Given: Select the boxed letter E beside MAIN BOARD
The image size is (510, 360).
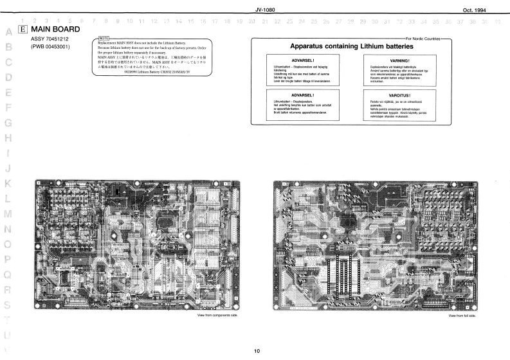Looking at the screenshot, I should [x=23, y=30].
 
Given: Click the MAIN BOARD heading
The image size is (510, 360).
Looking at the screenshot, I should [x=56, y=29].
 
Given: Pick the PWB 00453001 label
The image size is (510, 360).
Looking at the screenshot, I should [x=51, y=46].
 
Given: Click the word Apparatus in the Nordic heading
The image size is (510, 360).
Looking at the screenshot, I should [x=310, y=46].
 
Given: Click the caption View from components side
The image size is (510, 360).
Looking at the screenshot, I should [x=217, y=316].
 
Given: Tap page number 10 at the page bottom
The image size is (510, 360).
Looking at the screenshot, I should [x=257, y=351].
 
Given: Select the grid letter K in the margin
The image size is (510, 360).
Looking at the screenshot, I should [x=8, y=184].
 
